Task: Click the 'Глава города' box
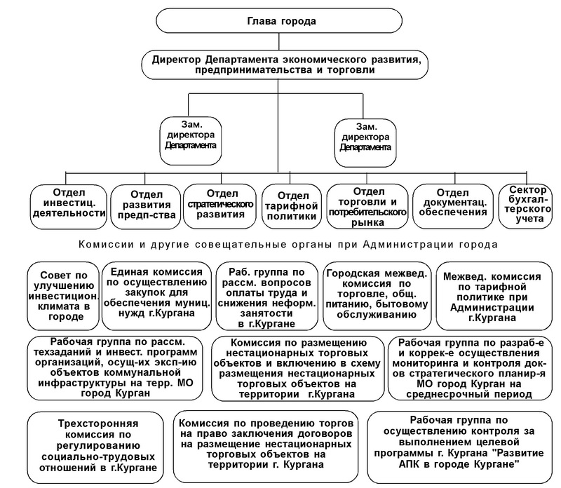279,21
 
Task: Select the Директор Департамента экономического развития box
285,65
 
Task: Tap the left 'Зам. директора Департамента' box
191,140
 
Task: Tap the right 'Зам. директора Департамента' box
365,142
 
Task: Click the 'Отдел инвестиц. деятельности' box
69,207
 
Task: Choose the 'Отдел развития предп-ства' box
146,207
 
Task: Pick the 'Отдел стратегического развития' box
220,207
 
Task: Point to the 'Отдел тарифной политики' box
292,207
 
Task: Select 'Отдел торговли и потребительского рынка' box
367,207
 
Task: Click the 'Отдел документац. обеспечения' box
453,207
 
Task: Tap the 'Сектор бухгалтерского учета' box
528,207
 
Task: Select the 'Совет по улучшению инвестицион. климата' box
63,296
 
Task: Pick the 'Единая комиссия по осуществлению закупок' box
156,296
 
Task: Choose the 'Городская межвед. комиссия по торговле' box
377,296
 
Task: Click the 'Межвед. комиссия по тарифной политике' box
494,296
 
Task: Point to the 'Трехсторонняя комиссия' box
95,447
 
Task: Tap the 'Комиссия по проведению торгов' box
266,447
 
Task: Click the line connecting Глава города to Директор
279,42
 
